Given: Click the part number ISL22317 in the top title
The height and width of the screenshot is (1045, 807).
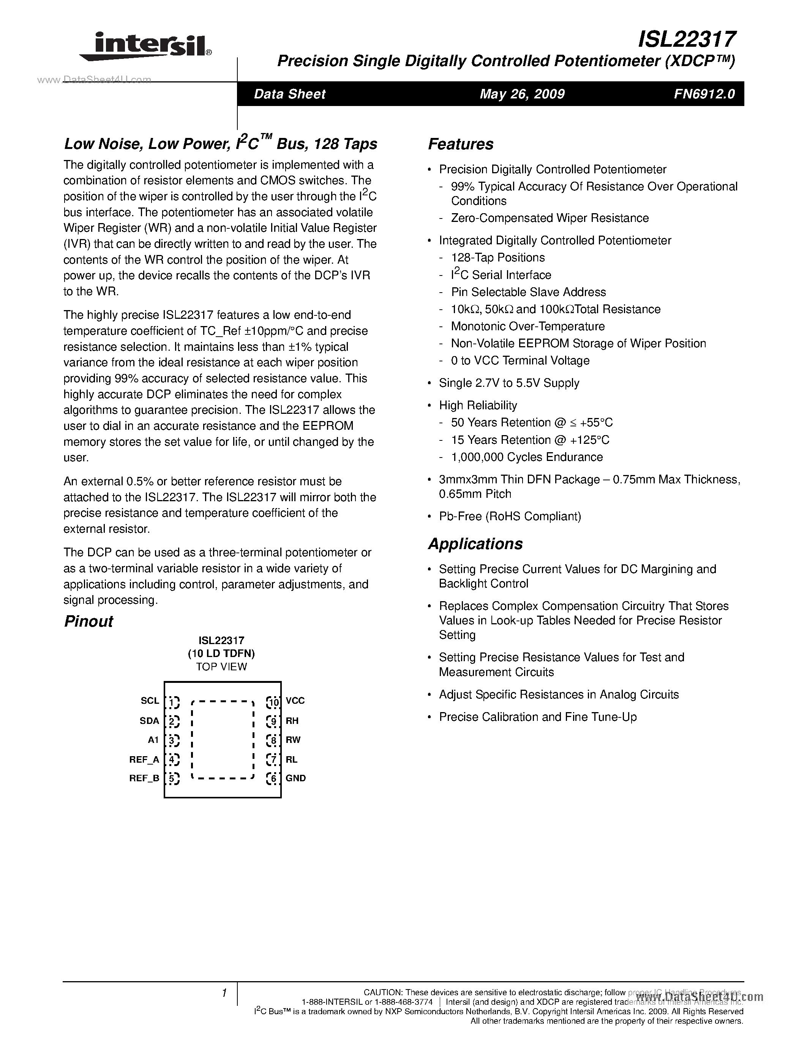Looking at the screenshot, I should click(x=687, y=39).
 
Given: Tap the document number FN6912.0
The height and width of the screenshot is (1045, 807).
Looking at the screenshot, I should click(x=704, y=94).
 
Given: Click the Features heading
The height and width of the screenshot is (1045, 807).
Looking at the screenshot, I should click(x=460, y=144).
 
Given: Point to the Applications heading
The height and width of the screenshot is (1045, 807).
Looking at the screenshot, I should click(x=475, y=544).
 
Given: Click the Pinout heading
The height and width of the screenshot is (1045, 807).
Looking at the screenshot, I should click(x=88, y=621).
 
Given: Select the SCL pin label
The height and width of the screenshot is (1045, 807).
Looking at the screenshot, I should click(x=150, y=700).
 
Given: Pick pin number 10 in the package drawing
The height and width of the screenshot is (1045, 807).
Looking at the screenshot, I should click(x=273, y=702).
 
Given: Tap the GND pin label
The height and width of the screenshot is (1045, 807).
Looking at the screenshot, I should click(x=295, y=778).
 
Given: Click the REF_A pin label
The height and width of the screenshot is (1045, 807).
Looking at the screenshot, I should click(x=144, y=759).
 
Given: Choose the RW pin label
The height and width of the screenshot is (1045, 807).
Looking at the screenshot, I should click(x=293, y=740).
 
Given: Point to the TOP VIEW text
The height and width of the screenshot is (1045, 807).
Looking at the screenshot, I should click(x=221, y=667).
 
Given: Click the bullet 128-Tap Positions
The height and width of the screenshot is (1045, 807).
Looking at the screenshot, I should click(x=498, y=257).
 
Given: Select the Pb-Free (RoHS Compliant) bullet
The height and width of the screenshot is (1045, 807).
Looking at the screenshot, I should click(x=510, y=516).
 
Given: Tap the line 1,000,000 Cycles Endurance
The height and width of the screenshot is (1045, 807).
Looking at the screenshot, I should click(x=526, y=457).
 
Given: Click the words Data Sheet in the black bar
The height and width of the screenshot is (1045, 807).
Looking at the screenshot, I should click(x=289, y=94).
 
